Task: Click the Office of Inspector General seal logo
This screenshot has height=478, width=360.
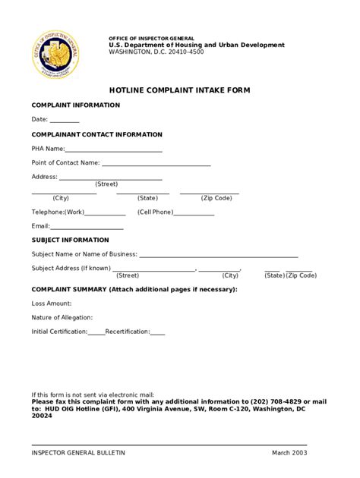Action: (55, 55)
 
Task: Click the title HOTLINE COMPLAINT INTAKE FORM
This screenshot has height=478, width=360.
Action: (179, 90)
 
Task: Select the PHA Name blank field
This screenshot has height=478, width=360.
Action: (114, 151)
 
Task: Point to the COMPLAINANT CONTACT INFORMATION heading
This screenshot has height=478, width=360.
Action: (96, 134)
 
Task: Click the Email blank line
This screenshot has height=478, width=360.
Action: (87, 228)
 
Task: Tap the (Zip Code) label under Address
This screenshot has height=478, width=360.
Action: (216, 198)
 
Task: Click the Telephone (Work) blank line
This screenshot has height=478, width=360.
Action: (105, 215)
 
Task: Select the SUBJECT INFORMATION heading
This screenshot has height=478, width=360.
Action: (70, 240)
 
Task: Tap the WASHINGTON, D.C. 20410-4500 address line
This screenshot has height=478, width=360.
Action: (156, 52)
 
